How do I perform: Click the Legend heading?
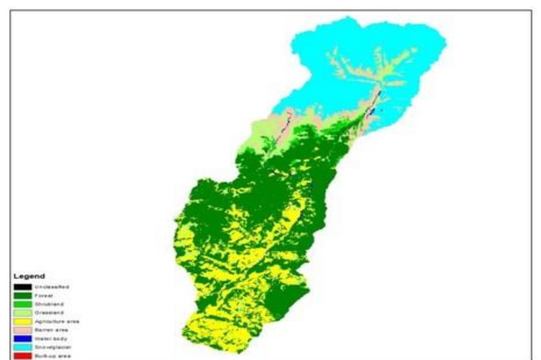click(26, 276)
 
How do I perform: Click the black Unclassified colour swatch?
click(23, 287)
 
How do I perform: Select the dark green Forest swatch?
click(23, 295)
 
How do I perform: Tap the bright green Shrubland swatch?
click(23, 304)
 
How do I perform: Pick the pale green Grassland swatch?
click(23, 312)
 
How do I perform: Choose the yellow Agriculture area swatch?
click(23, 321)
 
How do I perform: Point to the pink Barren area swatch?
click(23, 329)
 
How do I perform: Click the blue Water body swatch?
click(23, 338)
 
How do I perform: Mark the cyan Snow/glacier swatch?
click(23, 347)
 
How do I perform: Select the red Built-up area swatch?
click(23, 355)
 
